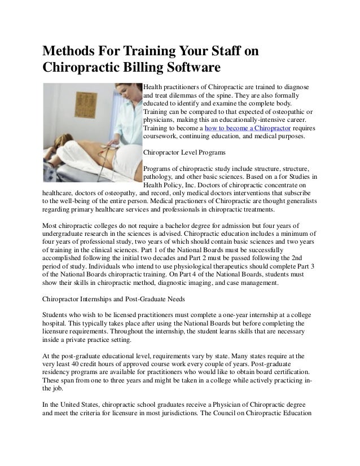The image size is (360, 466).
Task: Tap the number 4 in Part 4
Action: point(218,274)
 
